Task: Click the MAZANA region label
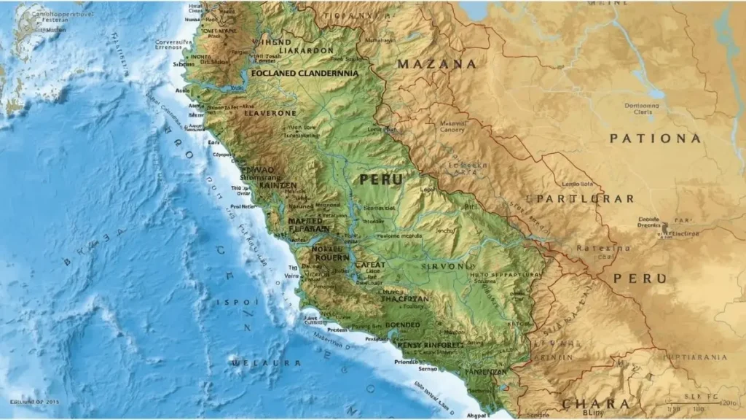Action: click(x=437, y=64)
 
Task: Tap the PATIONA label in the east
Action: click(x=656, y=139)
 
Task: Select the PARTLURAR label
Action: click(x=585, y=198)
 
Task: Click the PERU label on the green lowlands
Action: click(x=381, y=179)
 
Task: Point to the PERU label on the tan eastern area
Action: click(x=640, y=279)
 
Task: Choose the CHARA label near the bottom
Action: click(x=595, y=404)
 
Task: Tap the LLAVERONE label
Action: click(x=270, y=113)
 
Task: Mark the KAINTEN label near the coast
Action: click(x=272, y=185)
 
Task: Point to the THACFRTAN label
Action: click(x=405, y=299)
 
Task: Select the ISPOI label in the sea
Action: click(x=237, y=302)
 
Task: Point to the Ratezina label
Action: click(x=603, y=248)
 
